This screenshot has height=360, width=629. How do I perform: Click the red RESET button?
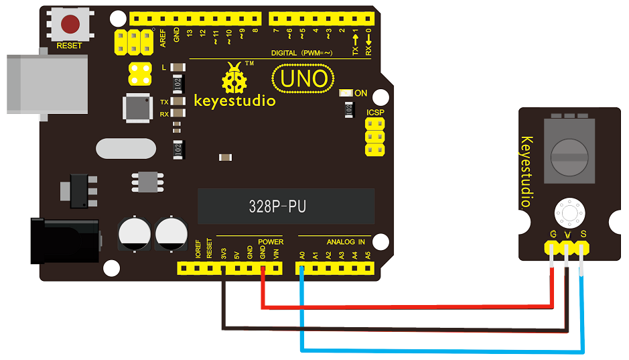pos(70,24)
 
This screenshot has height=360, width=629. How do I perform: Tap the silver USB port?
pos(48,84)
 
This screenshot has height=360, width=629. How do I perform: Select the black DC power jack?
pos(65,241)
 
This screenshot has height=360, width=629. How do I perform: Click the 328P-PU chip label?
pos(277,206)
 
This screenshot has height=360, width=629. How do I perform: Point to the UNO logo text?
pos(303,78)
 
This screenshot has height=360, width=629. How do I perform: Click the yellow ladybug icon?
pos(234,78)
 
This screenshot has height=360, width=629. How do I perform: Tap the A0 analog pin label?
pos(303,255)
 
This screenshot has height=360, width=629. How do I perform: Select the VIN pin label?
pos(276,255)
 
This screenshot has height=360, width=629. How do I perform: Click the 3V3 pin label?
pos(224,254)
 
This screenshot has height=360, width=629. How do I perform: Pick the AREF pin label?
pos(163,38)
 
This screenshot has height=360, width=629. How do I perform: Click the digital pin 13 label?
pos(190,33)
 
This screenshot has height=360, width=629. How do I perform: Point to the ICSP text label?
pos(375,113)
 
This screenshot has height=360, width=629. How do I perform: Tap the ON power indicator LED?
pos(346,93)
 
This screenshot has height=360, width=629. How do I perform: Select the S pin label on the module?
pos(583,234)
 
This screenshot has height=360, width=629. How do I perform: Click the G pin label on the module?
pos(553,234)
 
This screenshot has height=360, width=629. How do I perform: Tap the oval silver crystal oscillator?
pos(126,149)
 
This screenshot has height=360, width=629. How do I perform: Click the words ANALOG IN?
pos(346,242)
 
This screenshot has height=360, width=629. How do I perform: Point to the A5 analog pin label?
pos(368,255)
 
